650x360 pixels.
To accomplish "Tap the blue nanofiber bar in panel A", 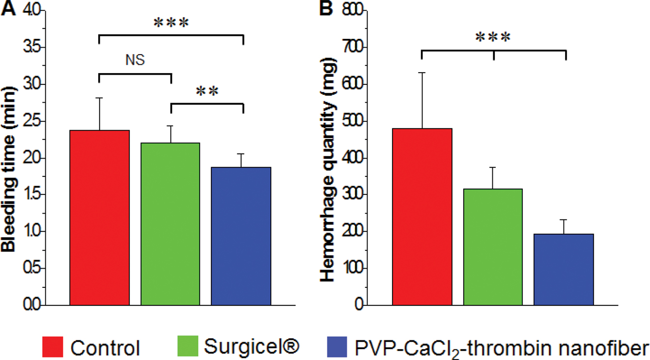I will (x=241, y=236).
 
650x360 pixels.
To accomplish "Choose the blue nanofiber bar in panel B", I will (x=564, y=270).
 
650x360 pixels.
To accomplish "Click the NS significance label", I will (x=134, y=60).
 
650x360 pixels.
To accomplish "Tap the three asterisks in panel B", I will (x=493, y=38).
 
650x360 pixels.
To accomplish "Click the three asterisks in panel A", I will (x=171, y=24).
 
